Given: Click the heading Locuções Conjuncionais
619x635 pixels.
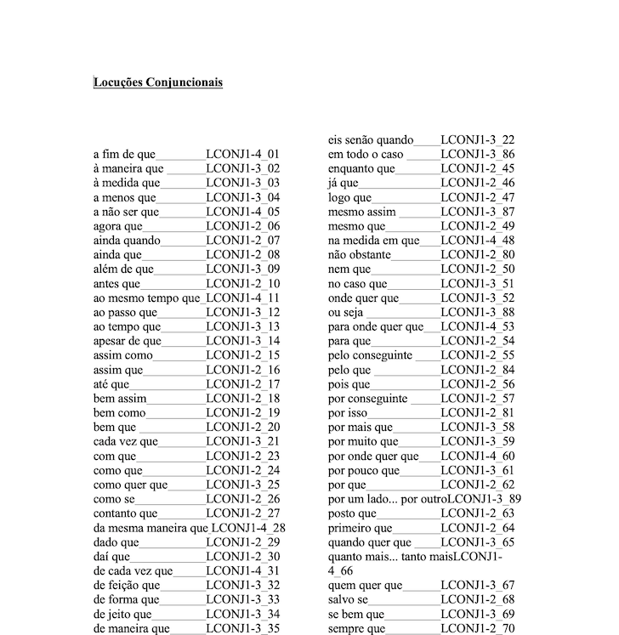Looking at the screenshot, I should pyautogui.click(x=158, y=83).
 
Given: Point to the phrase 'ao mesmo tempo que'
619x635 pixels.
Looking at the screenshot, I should pyautogui.click(x=147, y=299).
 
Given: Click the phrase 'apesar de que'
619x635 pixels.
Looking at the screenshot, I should pyautogui.click(x=127, y=342).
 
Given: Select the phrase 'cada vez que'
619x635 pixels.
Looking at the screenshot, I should pyautogui.click(x=126, y=442).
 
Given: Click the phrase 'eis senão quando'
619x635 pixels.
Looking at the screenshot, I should pyautogui.click(x=371, y=140).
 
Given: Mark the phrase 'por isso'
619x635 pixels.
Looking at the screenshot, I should pyautogui.click(x=349, y=413).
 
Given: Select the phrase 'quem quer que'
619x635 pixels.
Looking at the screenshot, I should pyautogui.click(x=365, y=586).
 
